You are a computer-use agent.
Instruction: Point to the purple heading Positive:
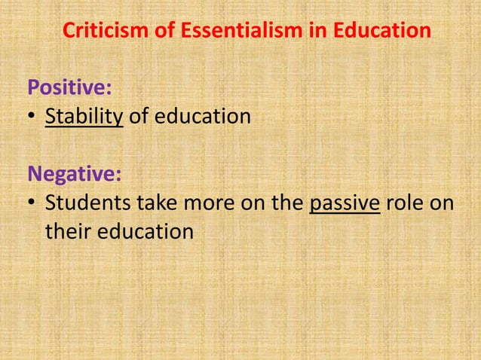coord(70,87)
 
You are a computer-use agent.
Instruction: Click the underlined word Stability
coord(84,117)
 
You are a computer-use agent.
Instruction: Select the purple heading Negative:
coord(74,175)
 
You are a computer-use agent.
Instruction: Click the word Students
coord(84,204)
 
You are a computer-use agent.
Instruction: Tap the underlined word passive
coord(345,204)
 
